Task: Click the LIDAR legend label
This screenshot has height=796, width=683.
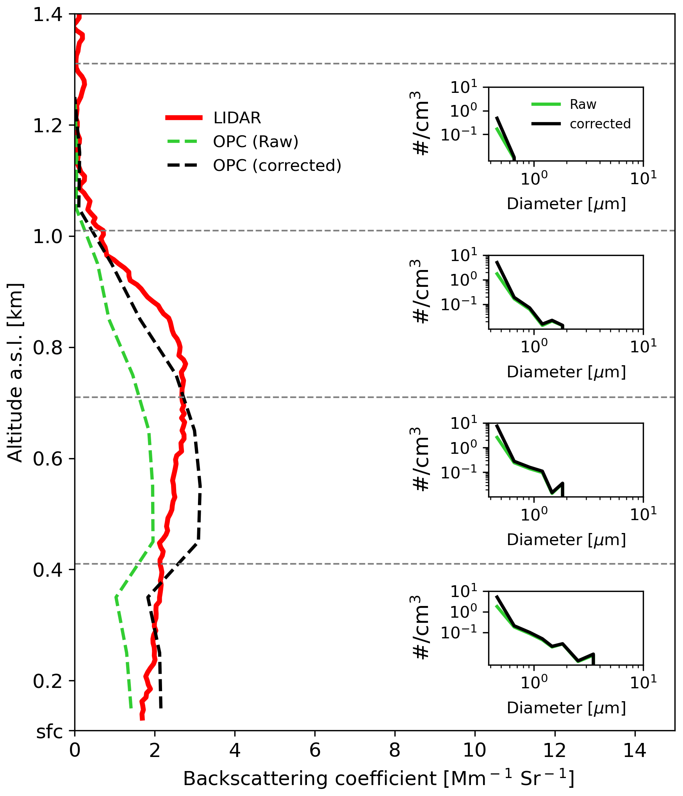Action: [237, 118]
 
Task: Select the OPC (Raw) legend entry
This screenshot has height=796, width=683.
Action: [255, 142]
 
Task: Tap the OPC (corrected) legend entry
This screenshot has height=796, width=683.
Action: [277, 165]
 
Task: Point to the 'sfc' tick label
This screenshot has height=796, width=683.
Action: [50, 732]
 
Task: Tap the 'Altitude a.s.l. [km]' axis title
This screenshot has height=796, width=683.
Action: [16, 373]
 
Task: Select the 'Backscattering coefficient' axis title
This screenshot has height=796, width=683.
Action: [378, 779]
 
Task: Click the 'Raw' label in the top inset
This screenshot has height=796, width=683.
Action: [583, 105]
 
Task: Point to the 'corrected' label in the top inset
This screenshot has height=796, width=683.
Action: [600, 124]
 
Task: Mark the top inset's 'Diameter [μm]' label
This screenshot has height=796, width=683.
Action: [566, 204]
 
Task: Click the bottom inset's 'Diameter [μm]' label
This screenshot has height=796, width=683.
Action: [566, 708]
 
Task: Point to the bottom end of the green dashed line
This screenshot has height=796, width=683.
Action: [131, 707]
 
